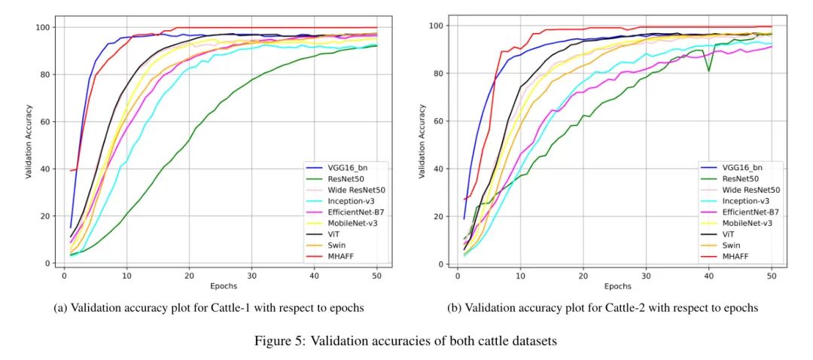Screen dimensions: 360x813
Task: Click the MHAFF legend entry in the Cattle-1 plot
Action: coord(334,256)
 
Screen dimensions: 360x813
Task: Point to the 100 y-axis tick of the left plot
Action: coord(45,27)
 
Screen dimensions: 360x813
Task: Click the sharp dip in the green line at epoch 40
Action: coord(708,72)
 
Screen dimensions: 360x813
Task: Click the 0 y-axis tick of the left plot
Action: coord(50,263)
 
